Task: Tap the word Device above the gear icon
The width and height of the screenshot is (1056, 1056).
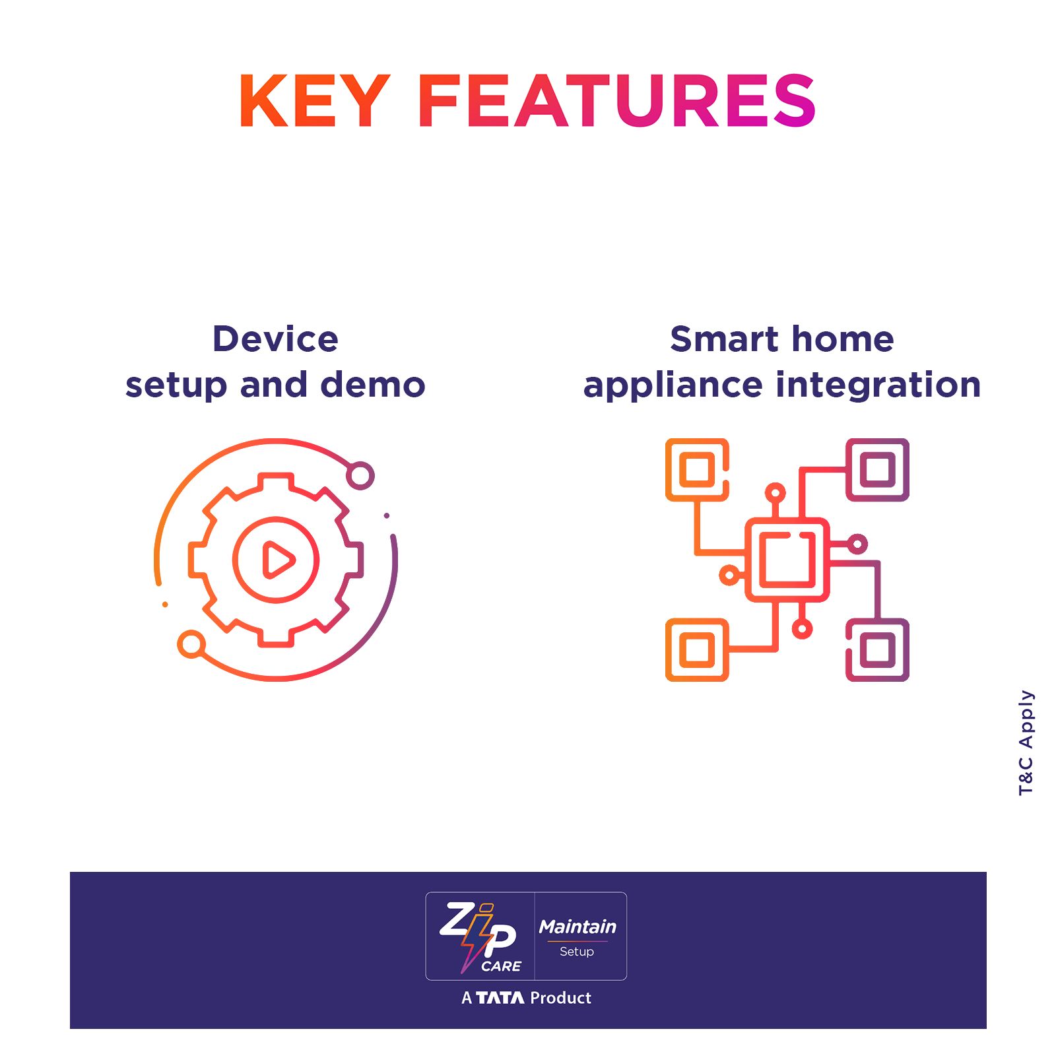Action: (x=275, y=339)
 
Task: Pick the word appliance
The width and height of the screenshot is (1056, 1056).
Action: (x=673, y=386)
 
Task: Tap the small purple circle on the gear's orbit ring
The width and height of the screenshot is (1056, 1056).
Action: (x=360, y=476)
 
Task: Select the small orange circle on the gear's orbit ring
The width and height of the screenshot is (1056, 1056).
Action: (x=191, y=644)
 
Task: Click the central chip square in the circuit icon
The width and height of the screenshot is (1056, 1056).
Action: (x=787, y=560)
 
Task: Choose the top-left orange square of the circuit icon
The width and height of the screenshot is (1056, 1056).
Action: (x=697, y=470)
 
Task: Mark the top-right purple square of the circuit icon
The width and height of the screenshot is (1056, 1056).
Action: (x=878, y=470)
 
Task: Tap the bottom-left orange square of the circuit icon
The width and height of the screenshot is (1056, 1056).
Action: (x=697, y=650)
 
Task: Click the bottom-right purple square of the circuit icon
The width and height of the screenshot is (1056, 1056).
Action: (x=878, y=650)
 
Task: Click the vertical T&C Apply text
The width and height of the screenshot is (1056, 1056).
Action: (x=1026, y=742)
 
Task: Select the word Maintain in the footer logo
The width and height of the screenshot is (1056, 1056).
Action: (x=577, y=927)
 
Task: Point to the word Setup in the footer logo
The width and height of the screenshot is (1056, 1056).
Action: (x=577, y=952)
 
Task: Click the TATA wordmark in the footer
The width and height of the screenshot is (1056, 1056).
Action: (x=500, y=997)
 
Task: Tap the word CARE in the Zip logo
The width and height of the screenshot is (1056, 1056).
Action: (x=502, y=966)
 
